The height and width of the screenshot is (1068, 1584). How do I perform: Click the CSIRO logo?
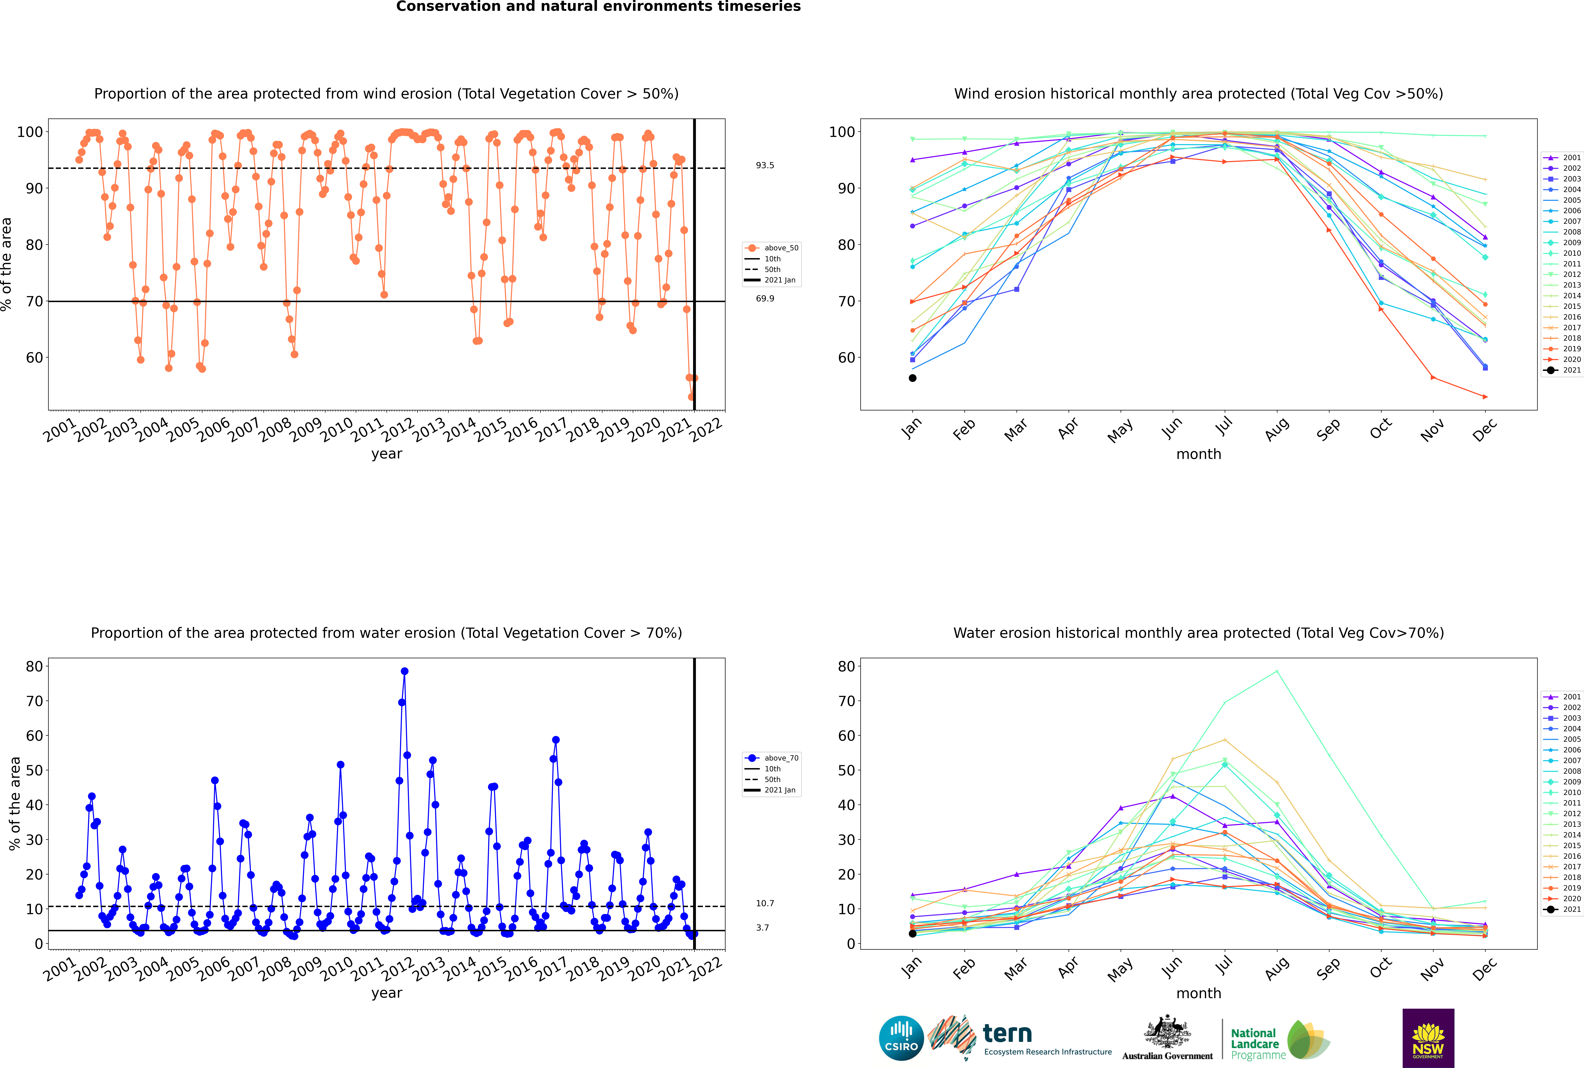coord(901,1038)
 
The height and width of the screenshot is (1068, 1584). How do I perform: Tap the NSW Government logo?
coord(1428,1037)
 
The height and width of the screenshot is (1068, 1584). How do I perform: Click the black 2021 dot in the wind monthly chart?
coord(913,378)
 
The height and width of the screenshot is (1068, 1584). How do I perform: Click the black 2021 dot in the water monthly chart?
coord(913,933)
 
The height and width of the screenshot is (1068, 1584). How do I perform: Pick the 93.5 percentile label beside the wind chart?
coord(765,165)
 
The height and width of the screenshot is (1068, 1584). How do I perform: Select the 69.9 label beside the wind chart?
coord(765,298)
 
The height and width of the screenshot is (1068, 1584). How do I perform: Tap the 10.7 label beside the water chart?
coord(765,903)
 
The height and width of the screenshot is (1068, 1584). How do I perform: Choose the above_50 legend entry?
coord(772,248)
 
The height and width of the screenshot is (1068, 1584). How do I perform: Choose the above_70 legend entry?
coord(772,758)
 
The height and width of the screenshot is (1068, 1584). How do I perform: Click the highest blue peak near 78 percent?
coord(405,671)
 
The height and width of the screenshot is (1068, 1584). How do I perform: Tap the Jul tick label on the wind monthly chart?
coord(1224,426)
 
